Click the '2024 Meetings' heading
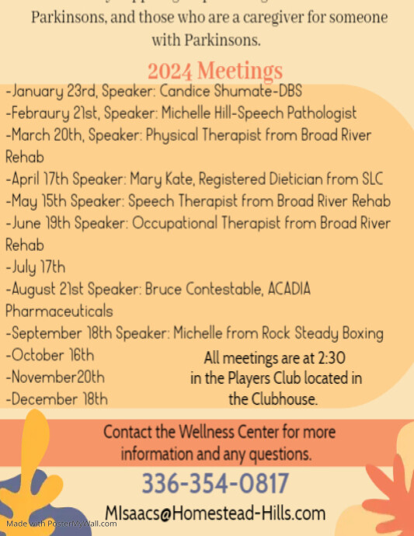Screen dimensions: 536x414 click(215, 71)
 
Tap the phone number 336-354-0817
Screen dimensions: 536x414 click(214, 484)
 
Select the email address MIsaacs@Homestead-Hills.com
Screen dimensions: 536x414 click(214, 513)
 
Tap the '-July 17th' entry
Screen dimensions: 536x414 click(36, 267)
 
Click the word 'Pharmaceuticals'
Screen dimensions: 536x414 click(59, 312)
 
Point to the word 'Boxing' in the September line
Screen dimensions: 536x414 click(360, 334)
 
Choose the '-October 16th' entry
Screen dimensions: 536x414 click(51, 356)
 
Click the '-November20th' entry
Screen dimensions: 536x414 click(56, 378)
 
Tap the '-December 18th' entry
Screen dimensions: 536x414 click(57, 399)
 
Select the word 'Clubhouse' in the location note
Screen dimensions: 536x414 click(290, 399)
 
